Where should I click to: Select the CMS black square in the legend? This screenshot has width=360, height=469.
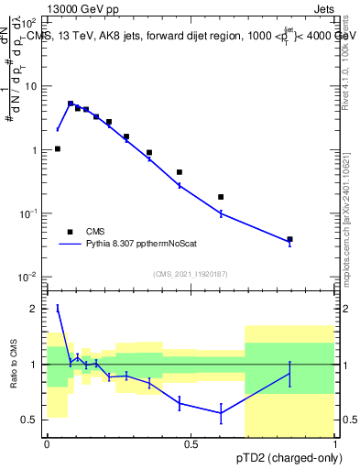(x=70, y=232)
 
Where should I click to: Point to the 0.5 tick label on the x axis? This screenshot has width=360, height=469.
(x=191, y=444)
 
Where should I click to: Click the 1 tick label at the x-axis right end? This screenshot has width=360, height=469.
(x=335, y=444)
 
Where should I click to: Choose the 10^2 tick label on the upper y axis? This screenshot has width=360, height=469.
(x=27, y=22)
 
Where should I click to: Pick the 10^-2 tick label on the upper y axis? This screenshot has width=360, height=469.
(x=27, y=277)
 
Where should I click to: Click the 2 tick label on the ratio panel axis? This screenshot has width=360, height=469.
(x=35, y=309)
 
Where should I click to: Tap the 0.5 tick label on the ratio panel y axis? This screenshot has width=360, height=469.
(x=30, y=420)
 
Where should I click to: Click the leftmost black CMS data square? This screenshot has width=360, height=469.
(x=58, y=148)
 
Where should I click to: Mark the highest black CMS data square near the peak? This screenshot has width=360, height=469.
(x=71, y=104)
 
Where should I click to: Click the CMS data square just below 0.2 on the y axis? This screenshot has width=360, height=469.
(x=221, y=197)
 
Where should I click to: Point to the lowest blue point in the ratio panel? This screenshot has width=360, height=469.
(x=221, y=413)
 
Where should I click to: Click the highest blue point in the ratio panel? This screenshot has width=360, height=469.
(x=58, y=308)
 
